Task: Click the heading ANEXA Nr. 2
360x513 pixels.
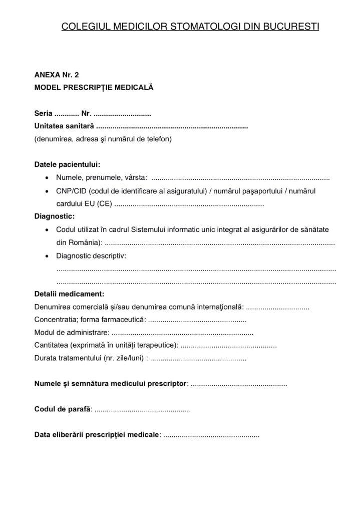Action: tap(57, 75)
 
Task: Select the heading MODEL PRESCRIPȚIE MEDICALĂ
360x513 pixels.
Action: tap(94, 87)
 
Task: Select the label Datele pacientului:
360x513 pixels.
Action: tap(67, 164)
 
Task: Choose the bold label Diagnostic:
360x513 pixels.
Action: tap(55, 217)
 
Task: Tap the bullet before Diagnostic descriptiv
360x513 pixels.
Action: tap(47, 256)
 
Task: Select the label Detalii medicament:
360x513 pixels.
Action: tap(69, 294)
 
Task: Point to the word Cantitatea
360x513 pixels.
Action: tap(51, 345)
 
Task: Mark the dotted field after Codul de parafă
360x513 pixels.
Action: tap(143, 410)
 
